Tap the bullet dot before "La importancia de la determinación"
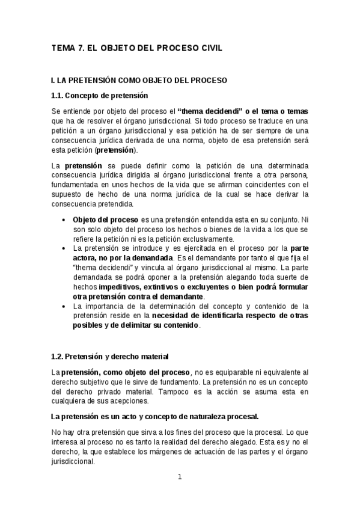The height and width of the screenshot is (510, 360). point(64,306)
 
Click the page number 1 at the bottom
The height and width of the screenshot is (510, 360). point(179,478)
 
